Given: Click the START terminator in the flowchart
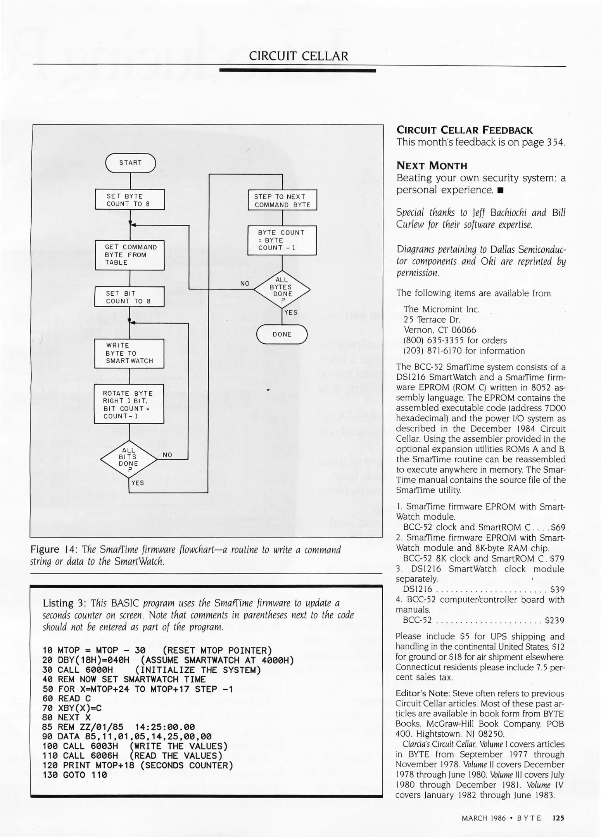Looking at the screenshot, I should click(x=130, y=163).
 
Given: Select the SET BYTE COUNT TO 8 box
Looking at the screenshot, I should click(x=130, y=200).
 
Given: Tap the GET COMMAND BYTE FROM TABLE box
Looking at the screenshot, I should click(x=130, y=255).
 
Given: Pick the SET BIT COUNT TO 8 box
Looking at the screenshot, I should click(x=130, y=297).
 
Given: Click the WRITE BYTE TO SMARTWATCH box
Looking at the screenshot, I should click(x=129, y=353).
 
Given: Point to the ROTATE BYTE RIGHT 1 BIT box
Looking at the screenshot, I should click(x=129, y=404).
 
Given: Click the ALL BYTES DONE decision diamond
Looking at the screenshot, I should click(x=282, y=289).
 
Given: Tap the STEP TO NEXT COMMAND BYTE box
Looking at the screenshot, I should click(x=282, y=200).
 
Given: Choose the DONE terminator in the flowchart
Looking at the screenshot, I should click(x=282, y=334).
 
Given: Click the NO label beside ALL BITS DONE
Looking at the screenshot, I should click(x=168, y=455).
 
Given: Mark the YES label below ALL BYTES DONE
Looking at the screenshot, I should click(x=291, y=312).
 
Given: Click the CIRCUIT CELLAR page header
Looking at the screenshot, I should click(x=299, y=56).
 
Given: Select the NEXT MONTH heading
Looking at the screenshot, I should click(x=432, y=166).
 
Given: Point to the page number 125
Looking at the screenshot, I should click(x=558, y=818).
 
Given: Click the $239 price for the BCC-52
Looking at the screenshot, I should click(x=554, y=620).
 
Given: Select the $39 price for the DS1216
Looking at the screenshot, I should click(x=557, y=589).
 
